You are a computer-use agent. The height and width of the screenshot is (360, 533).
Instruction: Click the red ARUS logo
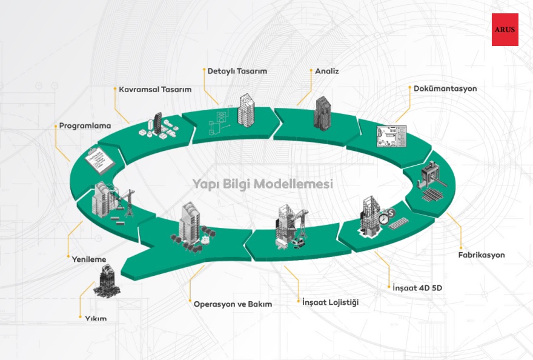click(505, 30)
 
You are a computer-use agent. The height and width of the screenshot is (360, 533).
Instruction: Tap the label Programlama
click(85, 126)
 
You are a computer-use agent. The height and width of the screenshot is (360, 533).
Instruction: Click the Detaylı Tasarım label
click(237, 71)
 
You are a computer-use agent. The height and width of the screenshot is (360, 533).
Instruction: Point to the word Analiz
click(327, 71)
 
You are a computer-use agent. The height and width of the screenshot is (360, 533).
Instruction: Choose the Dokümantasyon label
click(445, 88)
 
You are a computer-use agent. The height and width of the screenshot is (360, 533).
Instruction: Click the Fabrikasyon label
click(481, 255)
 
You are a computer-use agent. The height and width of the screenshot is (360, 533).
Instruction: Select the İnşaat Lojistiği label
click(330, 302)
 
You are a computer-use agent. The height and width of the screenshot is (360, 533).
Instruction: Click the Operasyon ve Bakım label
click(233, 304)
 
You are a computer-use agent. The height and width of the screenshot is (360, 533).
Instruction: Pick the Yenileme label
click(89, 259)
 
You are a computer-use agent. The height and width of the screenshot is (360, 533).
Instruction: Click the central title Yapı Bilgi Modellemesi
click(263, 183)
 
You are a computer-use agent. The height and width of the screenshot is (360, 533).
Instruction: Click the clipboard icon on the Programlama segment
click(99, 159)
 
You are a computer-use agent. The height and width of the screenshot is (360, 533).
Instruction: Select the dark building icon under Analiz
click(323, 112)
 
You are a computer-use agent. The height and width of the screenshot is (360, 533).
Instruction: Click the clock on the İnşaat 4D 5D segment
click(383, 218)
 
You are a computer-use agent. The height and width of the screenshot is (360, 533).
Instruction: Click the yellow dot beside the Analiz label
click(310, 71)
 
